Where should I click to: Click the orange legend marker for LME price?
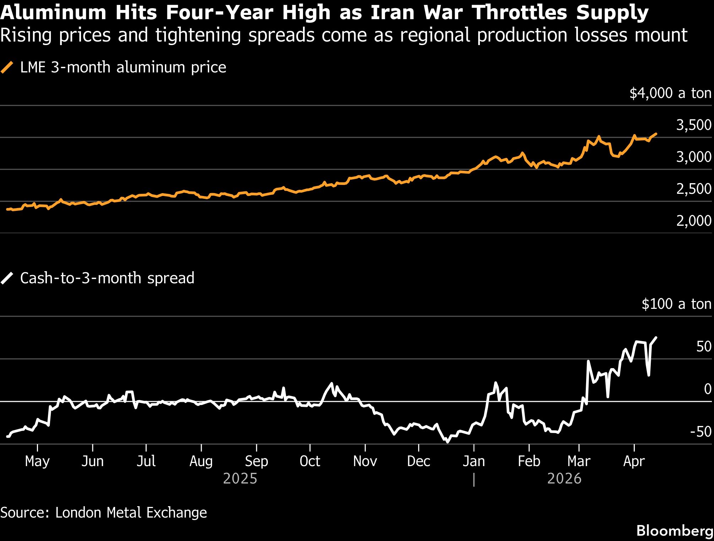click(7, 67)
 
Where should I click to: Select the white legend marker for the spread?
click(7, 278)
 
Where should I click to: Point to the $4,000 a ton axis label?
click(670, 93)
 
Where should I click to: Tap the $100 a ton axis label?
click(676, 304)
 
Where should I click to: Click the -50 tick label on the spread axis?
click(701, 432)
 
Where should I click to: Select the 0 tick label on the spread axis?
click(708, 389)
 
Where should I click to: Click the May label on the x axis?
click(37, 461)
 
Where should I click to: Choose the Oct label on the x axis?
click(310, 461)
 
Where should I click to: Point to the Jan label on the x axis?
click(474, 461)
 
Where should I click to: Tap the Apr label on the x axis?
click(634, 461)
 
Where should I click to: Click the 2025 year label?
click(240, 479)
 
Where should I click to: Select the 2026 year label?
click(564, 479)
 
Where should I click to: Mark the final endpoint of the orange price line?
click(656, 134)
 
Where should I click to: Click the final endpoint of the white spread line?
click(656, 338)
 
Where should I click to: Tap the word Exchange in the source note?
click(177, 513)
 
